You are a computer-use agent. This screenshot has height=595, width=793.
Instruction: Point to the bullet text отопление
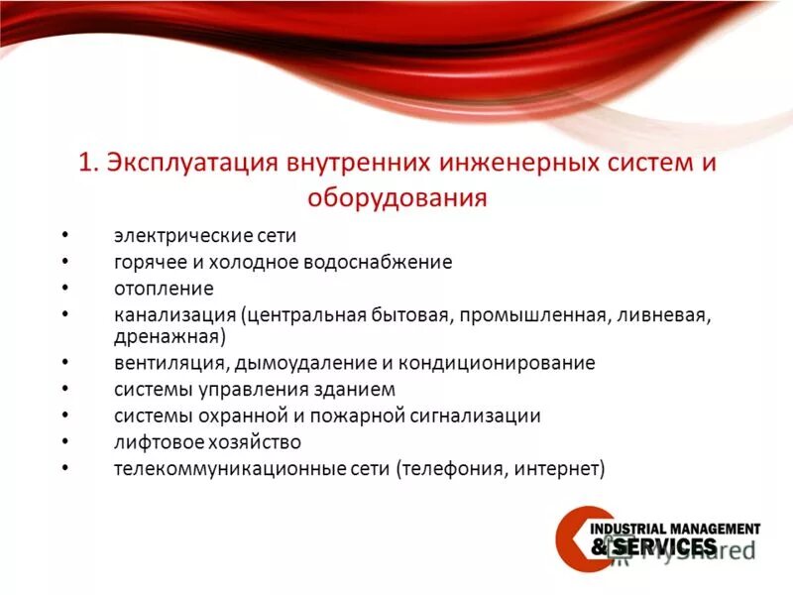[164, 289]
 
